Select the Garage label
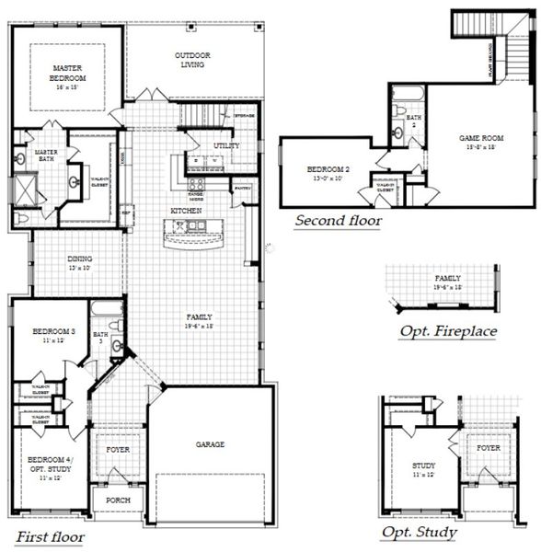point(210,443)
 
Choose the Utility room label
point(225,146)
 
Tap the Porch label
point(117,500)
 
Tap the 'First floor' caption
point(50,536)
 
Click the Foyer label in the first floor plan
point(117,451)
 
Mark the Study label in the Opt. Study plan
point(424,470)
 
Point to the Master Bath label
point(46,155)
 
